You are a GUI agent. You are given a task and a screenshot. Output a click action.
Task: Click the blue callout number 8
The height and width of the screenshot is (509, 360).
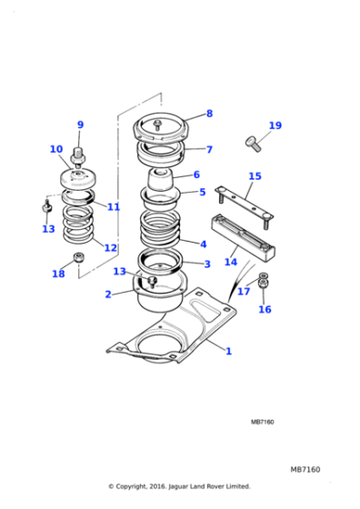pos(209,114)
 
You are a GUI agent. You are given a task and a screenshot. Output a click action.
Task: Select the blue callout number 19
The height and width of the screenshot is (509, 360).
pos(275,125)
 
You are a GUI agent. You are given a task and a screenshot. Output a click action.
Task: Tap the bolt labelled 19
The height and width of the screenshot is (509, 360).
pos(254,145)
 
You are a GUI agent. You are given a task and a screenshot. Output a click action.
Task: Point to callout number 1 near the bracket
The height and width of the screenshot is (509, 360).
pos(229,351)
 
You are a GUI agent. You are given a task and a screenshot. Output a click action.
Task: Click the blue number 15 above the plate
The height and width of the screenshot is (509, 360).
pos(255,176)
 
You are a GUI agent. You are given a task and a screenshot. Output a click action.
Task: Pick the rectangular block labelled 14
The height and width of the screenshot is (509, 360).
pos(244,237)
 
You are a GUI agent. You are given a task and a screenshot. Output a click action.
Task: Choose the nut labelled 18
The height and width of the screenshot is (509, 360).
pos(79,257)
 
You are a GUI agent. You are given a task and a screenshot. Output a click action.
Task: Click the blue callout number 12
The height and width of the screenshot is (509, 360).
pos(110,247)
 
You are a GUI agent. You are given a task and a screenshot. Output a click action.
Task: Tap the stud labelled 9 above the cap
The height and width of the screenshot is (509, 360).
pos(78,156)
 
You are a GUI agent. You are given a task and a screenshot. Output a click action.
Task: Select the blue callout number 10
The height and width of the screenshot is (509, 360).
pos(56,149)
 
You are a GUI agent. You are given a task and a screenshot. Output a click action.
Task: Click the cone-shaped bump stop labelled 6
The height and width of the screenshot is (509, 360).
pos(160,181)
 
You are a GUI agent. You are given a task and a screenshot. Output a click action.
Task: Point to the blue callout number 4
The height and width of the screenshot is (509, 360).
pos(204,245)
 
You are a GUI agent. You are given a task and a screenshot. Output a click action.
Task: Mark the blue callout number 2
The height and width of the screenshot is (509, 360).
pos(108,294)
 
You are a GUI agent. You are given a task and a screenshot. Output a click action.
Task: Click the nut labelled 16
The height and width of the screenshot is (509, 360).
pos(264,284)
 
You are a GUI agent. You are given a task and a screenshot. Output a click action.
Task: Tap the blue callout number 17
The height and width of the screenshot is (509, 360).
pos(244,291)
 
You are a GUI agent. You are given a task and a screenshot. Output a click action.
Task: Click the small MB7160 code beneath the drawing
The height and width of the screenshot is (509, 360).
pos(263,422)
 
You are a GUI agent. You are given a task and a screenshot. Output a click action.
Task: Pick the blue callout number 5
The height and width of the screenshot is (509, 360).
pos(202,192)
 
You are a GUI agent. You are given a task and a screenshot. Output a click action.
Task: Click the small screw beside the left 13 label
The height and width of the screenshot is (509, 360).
pos(47,206)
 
